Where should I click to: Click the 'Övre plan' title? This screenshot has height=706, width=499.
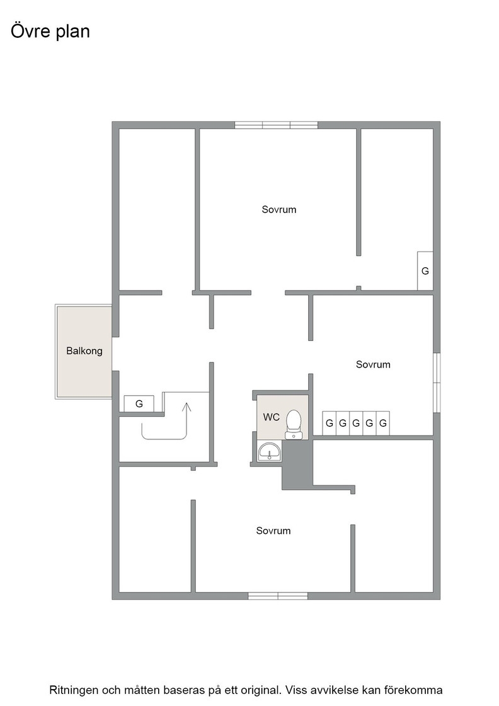(x=50, y=32)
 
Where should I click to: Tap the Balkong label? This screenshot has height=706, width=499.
(x=84, y=350)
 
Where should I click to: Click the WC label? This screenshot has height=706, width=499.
(x=272, y=417)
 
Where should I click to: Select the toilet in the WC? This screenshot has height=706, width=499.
(x=294, y=424)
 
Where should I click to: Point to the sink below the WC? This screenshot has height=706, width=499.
(x=270, y=451)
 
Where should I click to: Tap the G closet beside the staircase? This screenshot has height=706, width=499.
(x=139, y=403)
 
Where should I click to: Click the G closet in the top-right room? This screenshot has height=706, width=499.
(x=425, y=270)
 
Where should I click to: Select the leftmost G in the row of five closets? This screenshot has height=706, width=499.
(x=330, y=423)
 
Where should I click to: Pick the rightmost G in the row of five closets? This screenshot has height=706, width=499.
(x=383, y=423)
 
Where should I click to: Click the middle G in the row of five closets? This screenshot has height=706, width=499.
(x=356, y=423)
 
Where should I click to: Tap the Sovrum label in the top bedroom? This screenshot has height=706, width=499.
(x=279, y=209)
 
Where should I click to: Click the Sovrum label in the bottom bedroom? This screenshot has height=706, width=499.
(x=273, y=531)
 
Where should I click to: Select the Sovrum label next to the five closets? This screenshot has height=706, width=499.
(x=373, y=364)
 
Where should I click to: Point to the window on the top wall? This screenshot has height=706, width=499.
(x=276, y=125)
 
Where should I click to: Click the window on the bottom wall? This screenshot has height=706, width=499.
(x=278, y=596)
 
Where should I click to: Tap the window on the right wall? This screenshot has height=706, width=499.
(x=437, y=383)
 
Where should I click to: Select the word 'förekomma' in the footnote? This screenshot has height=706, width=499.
(x=420, y=690)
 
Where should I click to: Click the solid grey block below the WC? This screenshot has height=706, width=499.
(x=297, y=465)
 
